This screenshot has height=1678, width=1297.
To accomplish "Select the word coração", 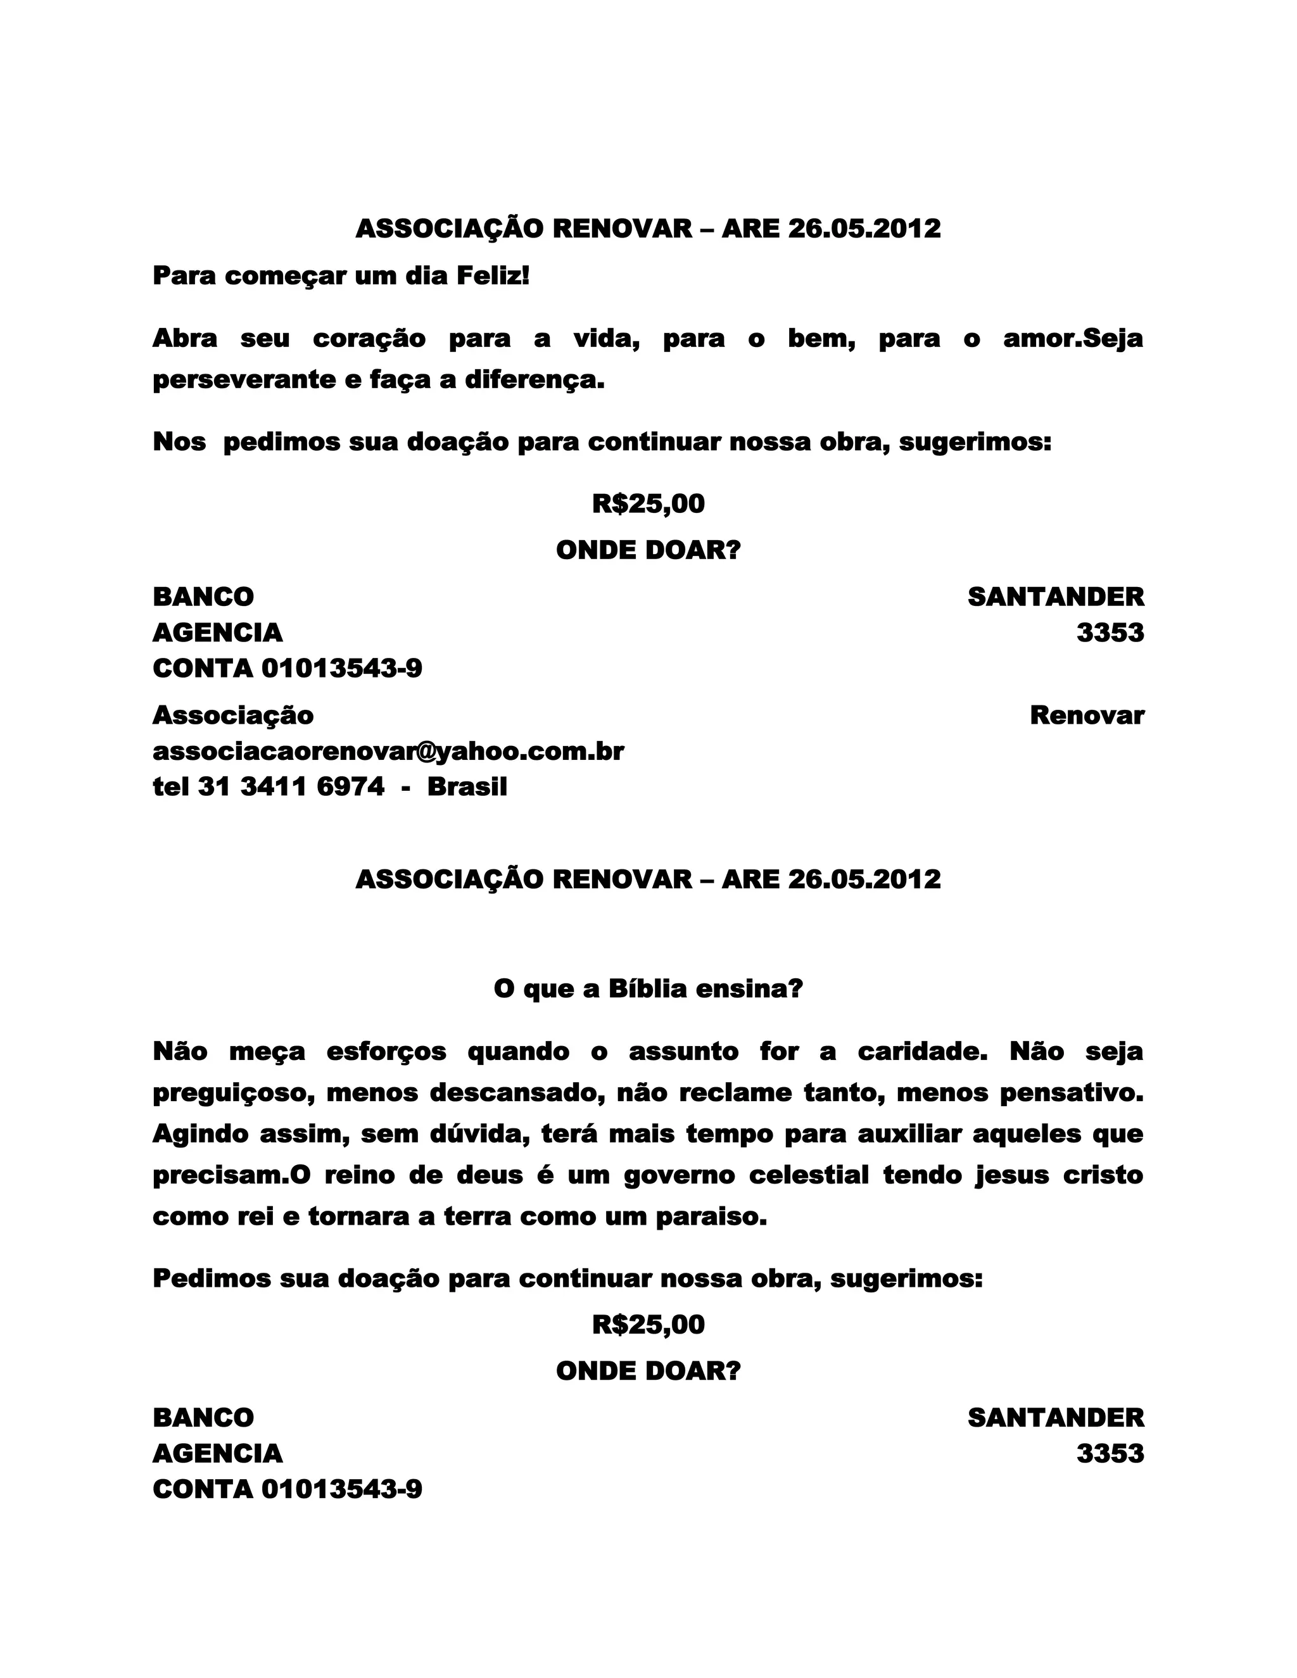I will (x=369, y=339).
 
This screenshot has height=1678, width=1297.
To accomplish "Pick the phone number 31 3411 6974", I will (x=291, y=786).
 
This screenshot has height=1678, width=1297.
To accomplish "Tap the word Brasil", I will (x=467, y=786).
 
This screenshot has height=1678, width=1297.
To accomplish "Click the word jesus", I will (x=1012, y=1175).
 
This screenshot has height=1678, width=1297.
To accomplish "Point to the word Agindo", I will (x=201, y=1134).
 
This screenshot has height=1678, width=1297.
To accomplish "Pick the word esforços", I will (x=386, y=1051).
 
